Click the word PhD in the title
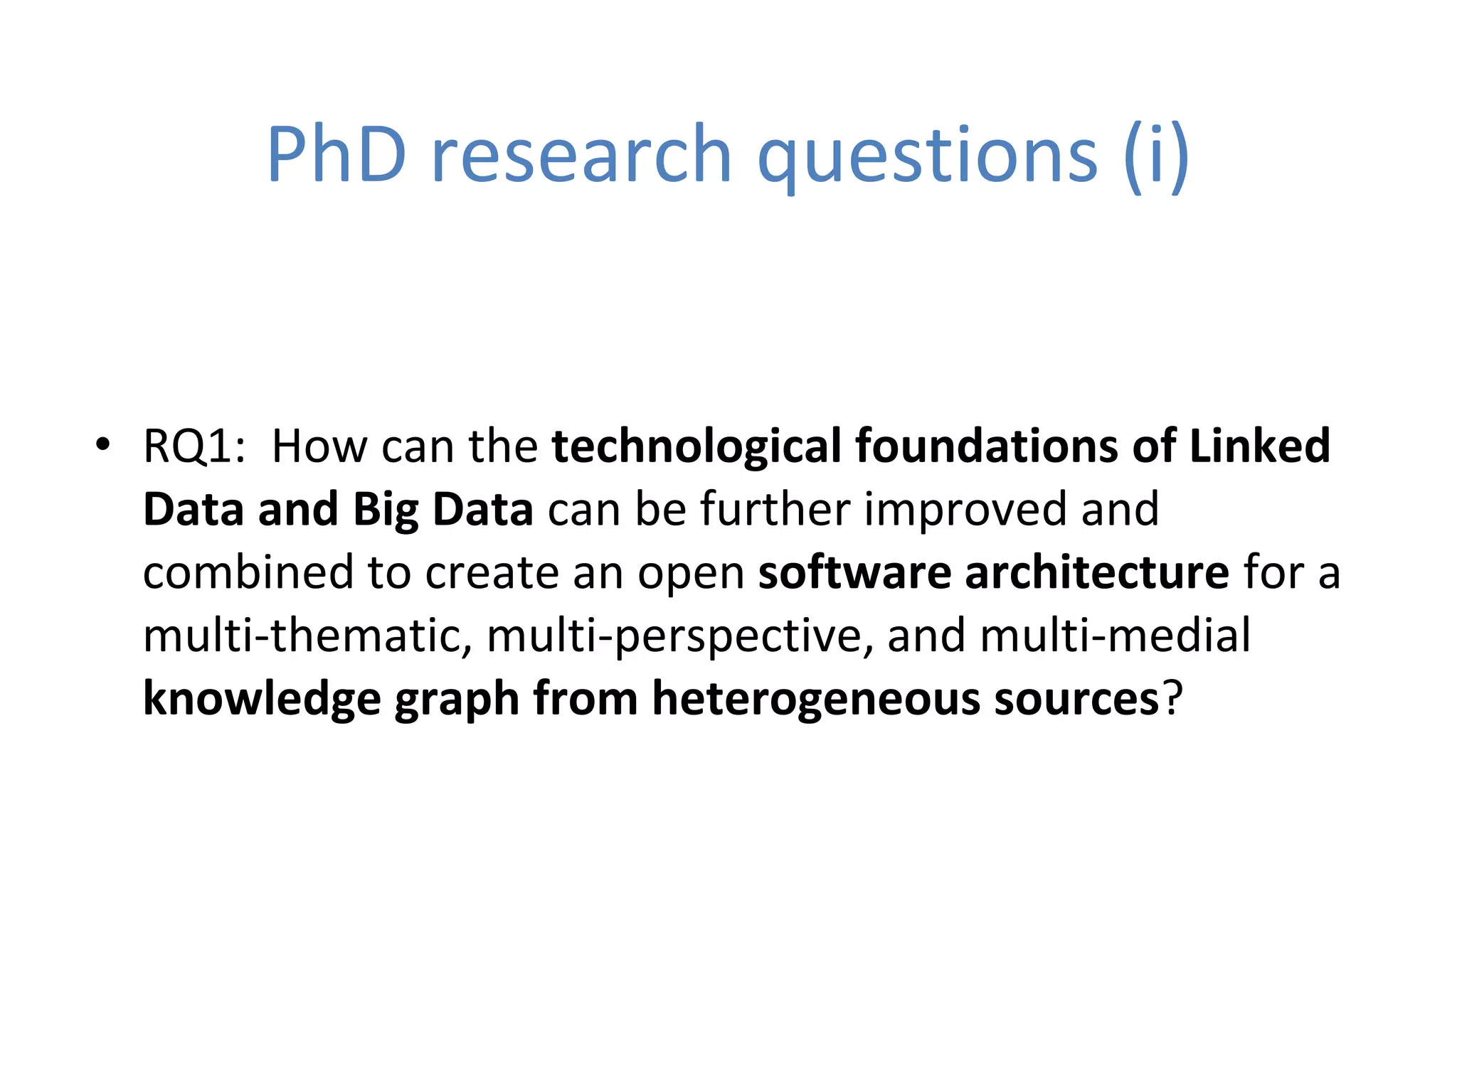pyautogui.click(x=337, y=154)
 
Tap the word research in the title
pyautogui.click(x=581, y=154)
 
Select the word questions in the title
pyautogui.click(x=928, y=154)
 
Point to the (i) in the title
pyautogui.click(x=1156, y=154)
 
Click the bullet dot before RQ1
pyautogui.click(x=103, y=445)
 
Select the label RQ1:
pyautogui.click(x=194, y=446)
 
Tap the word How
pyautogui.click(x=319, y=446)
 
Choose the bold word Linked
pyautogui.click(x=1259, y=446)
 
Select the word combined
pyautogui.click(x=248, y=572)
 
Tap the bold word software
pyautogui.click(x=854, y=572)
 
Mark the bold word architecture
pyautogui.click(x=1096, y=572)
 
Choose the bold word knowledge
pyautogui.click(x=262, y=699)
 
